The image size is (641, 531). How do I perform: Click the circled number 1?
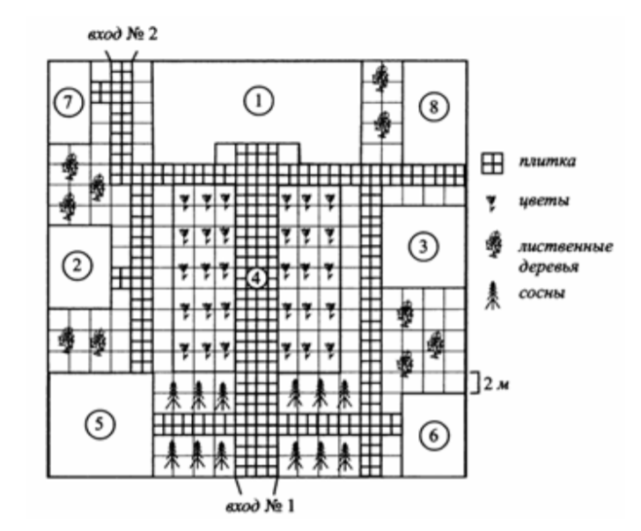[257, 101]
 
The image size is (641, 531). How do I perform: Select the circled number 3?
[425, 247]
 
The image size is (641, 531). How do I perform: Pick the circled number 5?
[101, 424]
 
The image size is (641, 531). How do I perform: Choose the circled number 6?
[427, 434]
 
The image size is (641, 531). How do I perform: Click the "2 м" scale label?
[492, 381]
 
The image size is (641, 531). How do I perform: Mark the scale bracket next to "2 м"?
[471, 381]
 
